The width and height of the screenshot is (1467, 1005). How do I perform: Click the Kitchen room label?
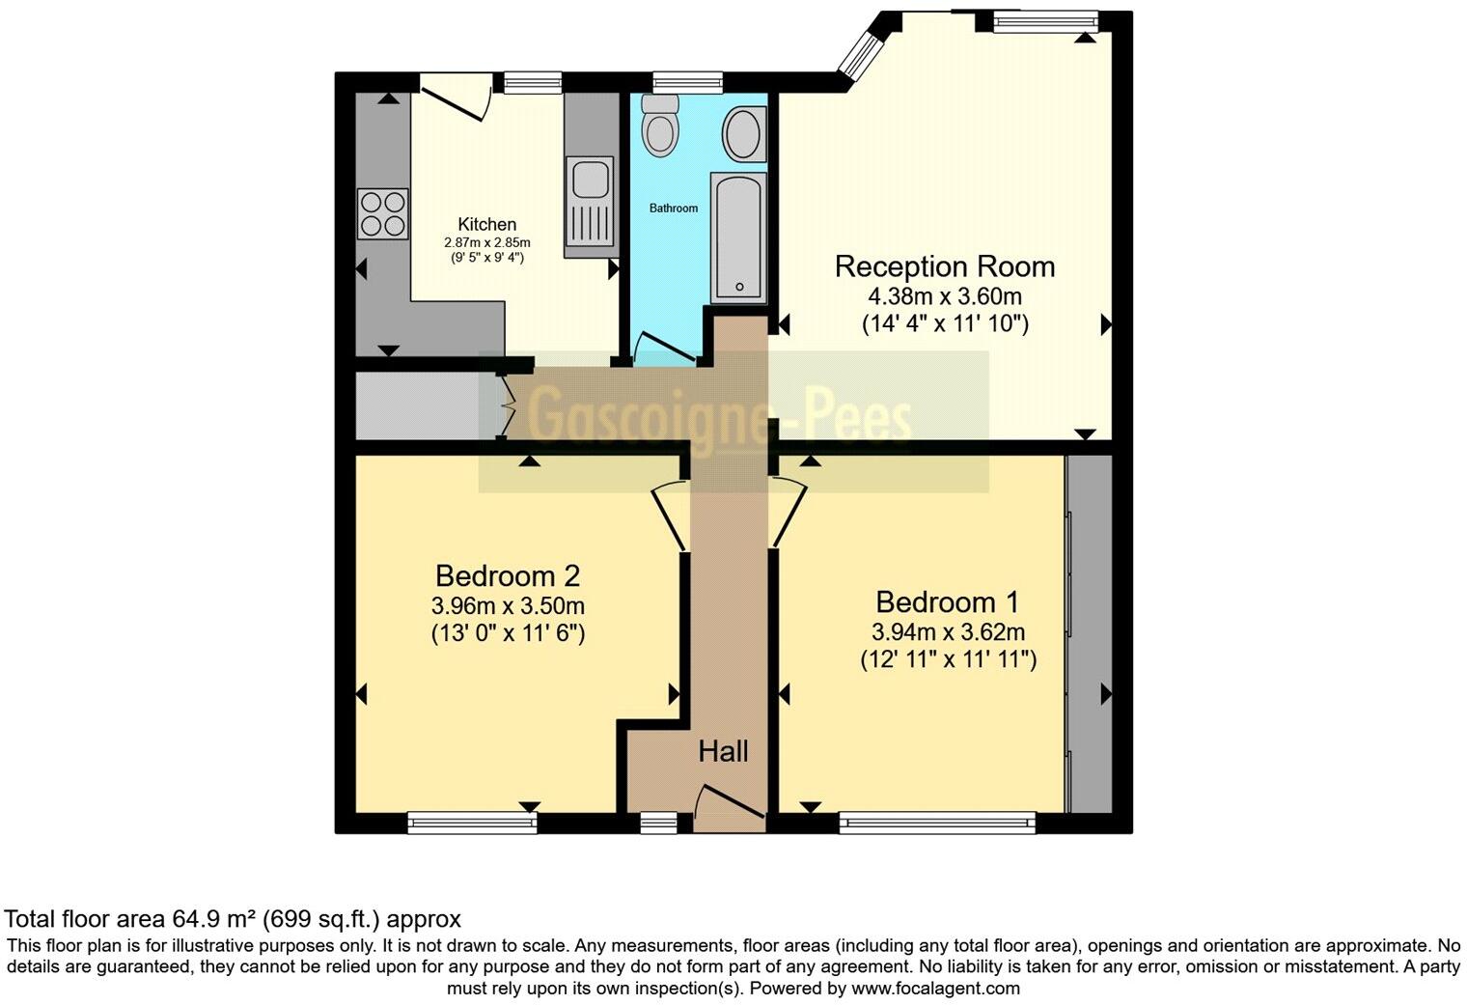coord(486,224)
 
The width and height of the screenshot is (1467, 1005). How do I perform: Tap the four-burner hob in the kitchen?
coord(382,213)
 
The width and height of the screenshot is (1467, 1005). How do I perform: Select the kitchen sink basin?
coord(587,180)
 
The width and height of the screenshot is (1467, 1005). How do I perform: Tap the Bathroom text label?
coord(673,209)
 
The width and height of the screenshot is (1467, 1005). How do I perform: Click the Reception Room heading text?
coord(944,266)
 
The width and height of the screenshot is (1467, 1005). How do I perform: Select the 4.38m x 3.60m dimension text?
coord(944,296)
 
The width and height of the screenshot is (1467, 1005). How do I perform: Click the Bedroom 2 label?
coord(507,576)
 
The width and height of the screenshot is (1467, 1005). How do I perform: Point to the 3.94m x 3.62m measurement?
coord(948,632)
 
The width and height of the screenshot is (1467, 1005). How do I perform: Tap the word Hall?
coord(723,751)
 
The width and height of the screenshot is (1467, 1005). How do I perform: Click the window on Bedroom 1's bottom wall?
coord(936,823)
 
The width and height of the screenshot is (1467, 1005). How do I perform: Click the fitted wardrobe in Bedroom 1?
coord(1090,632)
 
